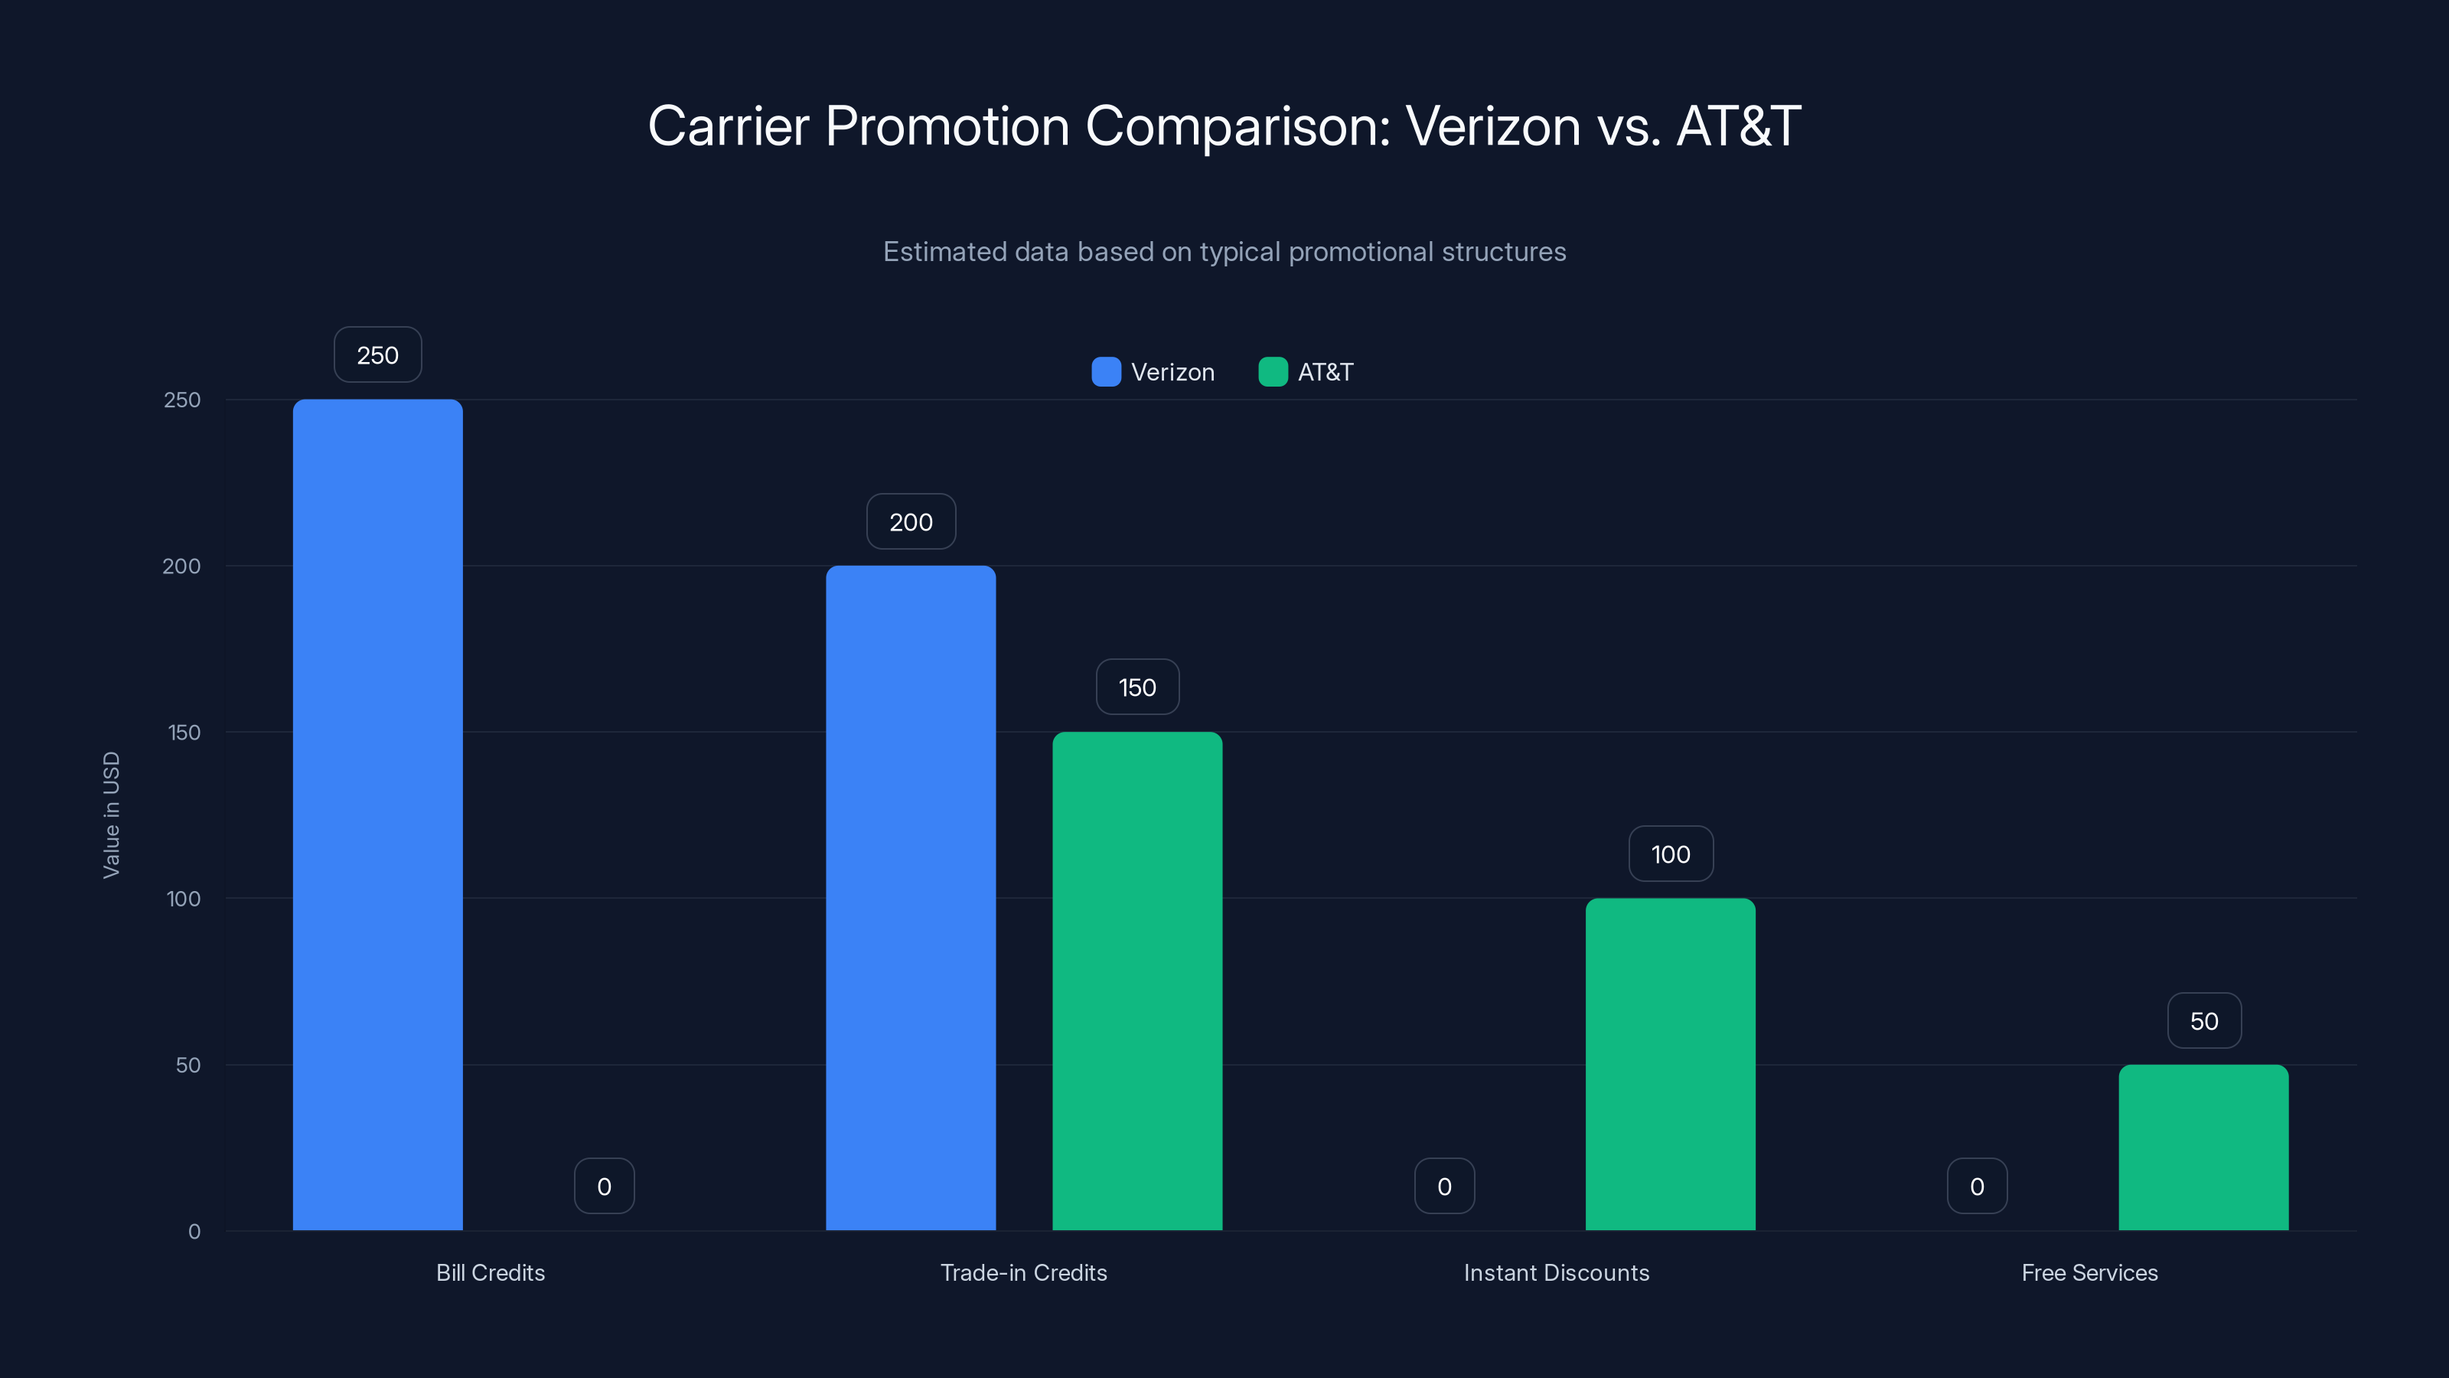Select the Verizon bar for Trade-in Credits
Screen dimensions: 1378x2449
911,898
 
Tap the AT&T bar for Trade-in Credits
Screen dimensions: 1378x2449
1137,981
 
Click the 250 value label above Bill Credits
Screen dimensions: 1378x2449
377,354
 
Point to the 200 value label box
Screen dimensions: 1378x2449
911,521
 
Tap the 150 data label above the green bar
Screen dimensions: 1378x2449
1137,687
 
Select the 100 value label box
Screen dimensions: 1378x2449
1671,854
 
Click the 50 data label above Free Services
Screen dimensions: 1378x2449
2204,1020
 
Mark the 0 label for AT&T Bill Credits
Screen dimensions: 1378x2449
604,1186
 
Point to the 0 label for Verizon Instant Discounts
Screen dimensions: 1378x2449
1444,1186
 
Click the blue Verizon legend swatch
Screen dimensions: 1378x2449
1106,372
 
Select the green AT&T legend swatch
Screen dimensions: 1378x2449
1272,372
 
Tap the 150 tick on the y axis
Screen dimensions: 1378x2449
184,733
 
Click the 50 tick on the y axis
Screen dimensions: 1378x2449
188,1065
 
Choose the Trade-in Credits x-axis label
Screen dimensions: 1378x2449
1023,1272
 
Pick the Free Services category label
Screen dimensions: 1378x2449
2089,1272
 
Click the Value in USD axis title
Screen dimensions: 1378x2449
111,815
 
